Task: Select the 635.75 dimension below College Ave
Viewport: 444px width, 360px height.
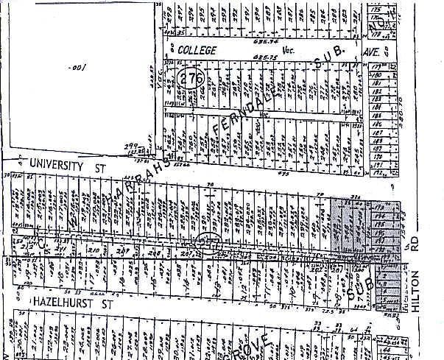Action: point(263,57)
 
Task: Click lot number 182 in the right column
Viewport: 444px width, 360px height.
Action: point(376,93)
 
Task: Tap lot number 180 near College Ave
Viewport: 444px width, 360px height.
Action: point(376,77)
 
